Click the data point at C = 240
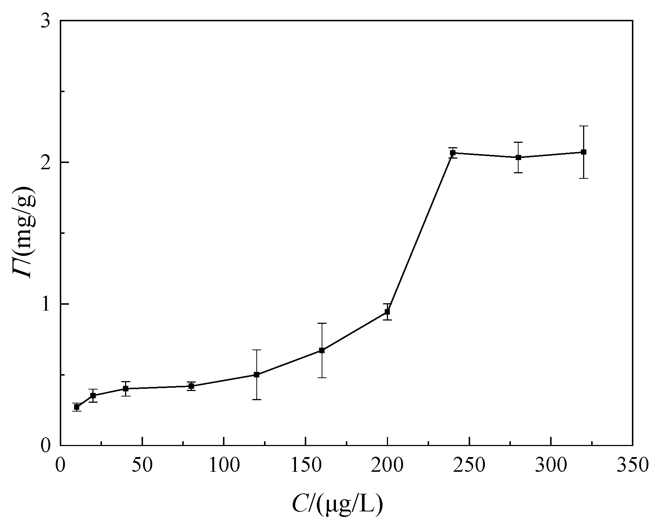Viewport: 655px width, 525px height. (x=453, y=153)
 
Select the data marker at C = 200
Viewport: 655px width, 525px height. (x=387, y=312)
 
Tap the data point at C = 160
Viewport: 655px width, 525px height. (x=322, y=350)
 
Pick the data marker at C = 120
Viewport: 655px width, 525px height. (x=257, y=374)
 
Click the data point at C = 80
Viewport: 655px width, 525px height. (x=191, y=386)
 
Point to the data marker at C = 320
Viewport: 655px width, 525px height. (x=583, y=152)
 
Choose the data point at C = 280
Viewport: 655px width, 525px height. (x=518, y=157)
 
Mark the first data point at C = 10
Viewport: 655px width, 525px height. (x=77, y=407)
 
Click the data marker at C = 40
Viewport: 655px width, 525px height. (x=126, y=388)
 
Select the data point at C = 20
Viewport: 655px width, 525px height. (x=93, y=395)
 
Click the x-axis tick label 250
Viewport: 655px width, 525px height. (x=469, y=465)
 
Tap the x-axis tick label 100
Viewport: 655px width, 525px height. (x=224, y=465)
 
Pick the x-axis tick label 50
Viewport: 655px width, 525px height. (x=142, y=465)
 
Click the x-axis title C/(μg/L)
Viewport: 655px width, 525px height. (x=337, y=504)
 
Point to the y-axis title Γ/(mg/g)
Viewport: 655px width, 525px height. (x=24, y=233)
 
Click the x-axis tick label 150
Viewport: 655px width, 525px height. (x=305, y=465)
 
